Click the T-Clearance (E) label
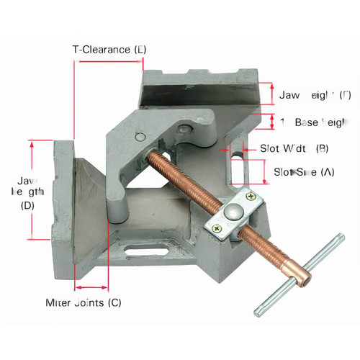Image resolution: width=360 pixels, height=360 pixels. pos(109,50)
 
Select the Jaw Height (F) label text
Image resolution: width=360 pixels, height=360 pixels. pos(315,95)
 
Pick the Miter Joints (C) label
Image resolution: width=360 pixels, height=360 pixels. pos(84,302)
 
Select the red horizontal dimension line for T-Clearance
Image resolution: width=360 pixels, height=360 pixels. pos(109,62)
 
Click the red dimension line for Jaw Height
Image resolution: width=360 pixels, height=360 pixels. pos(271,95)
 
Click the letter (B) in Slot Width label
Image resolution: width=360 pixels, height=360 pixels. pos(322,149)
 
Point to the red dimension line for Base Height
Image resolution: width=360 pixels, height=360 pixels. pos(271,121)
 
